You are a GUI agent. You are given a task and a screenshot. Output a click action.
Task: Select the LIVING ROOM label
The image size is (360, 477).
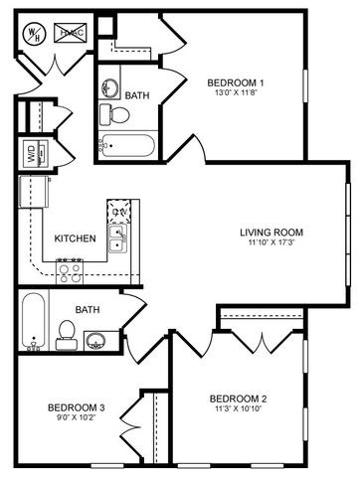tap(270, 234)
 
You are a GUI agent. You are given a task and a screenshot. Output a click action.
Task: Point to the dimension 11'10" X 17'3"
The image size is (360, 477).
tap(270, 244)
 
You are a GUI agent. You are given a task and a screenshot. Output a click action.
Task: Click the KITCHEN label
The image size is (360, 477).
tap(75, 238)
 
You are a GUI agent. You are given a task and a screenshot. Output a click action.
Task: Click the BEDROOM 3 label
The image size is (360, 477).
tap(76, 407)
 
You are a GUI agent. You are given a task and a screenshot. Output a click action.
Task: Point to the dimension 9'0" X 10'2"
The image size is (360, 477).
tap(76, 418)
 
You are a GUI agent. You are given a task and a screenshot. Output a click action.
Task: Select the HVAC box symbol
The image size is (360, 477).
tap(72, 33)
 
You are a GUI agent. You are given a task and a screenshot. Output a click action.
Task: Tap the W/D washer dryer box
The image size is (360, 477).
tap(30, 153)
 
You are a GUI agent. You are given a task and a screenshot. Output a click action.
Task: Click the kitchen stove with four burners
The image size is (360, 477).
tap(70, 266)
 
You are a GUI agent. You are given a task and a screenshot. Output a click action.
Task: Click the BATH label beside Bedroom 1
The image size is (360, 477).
tap(137, 95)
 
